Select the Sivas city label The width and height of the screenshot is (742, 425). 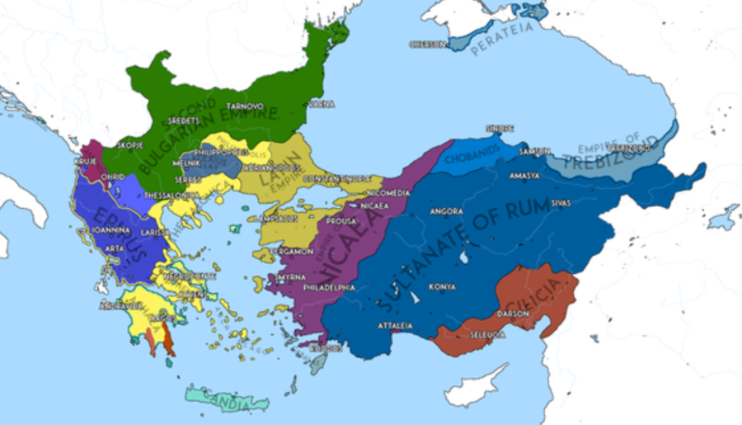click(x=583, y=201)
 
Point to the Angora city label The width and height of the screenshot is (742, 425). click(x=440, y=211)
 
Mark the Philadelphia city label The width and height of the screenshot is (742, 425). click(x=329, y=288)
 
